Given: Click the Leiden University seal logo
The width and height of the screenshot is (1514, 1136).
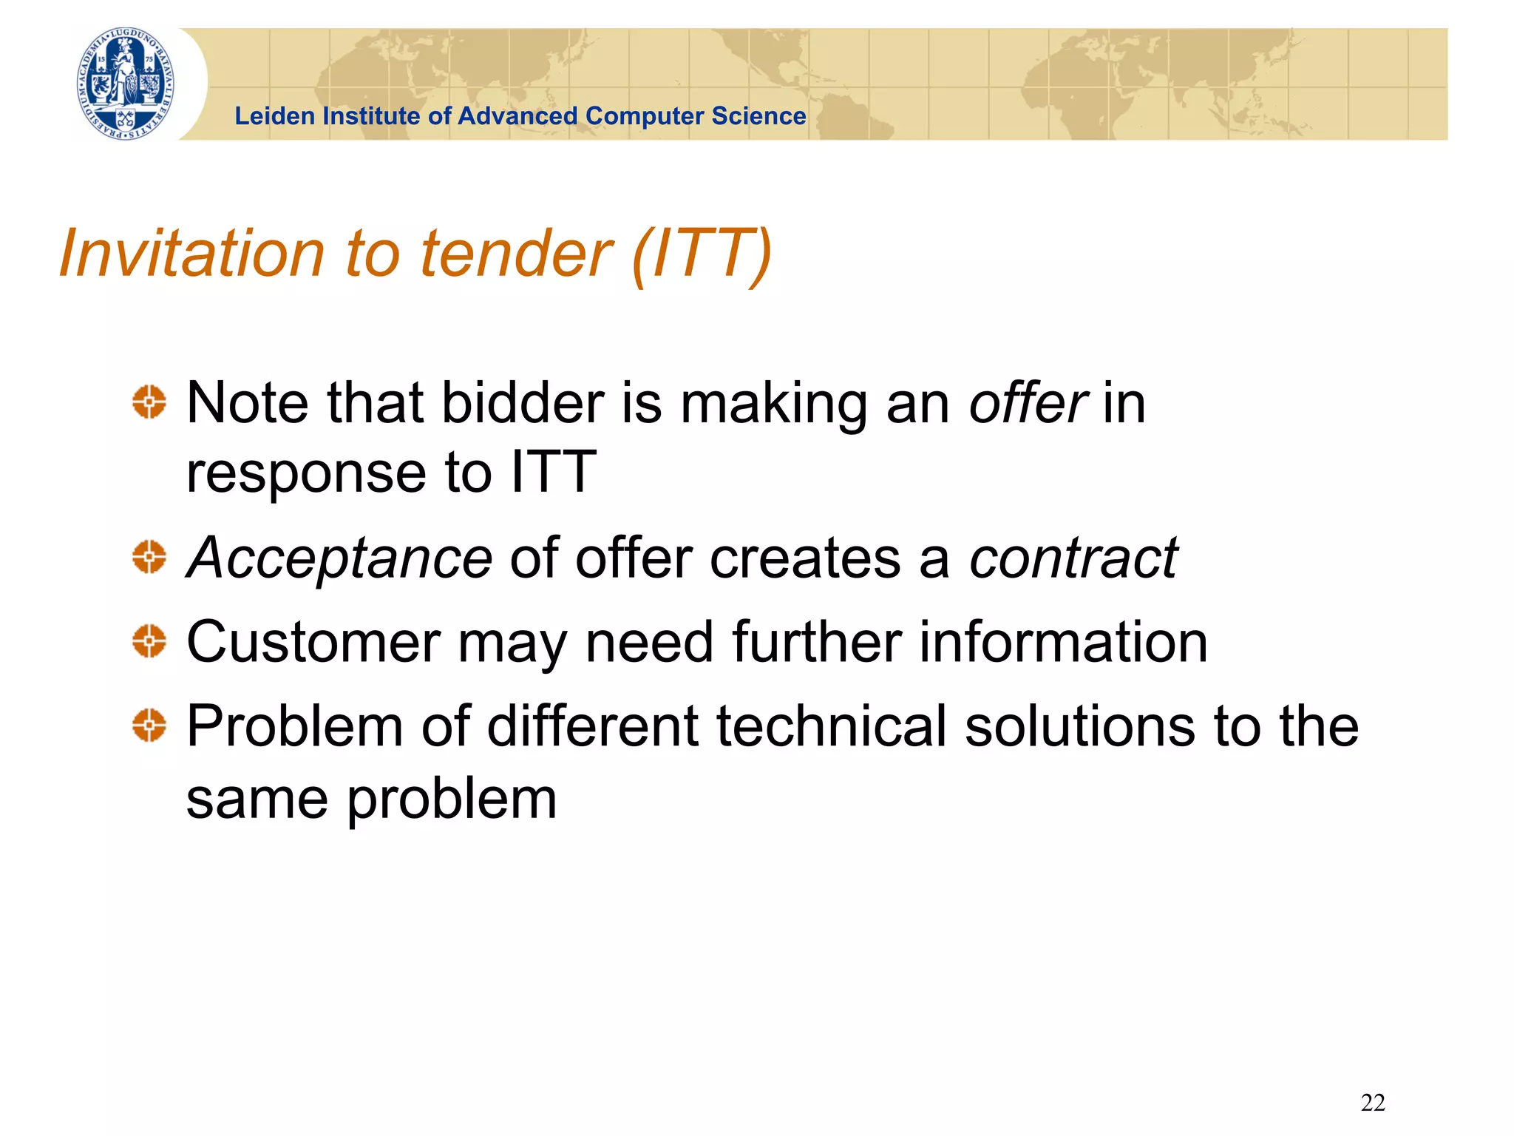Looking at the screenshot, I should (x=126, y=84).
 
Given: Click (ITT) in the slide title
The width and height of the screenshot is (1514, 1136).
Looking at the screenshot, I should (x=702, y=254).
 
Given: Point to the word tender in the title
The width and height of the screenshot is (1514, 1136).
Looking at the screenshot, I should (x=515, y=254).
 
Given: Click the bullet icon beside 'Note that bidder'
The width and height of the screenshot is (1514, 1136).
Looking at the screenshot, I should (x=149, y=402).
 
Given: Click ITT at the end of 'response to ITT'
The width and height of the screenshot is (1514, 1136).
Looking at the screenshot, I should (x=554, y=471).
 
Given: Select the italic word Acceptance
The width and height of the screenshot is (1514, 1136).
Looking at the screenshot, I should (x=339, y=558).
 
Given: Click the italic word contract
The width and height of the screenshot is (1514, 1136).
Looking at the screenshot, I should (x=1073, y=558).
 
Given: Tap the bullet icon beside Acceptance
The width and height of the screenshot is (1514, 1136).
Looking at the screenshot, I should (x=149, y=557).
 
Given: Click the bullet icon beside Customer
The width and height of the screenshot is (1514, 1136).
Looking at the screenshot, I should (x=149, y=640).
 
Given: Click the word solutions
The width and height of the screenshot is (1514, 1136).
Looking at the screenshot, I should (x=1081, y=726).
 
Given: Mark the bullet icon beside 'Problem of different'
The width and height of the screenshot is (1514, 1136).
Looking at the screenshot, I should (x=149, y=725).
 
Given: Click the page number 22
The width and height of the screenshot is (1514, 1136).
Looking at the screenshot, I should (x=1373, y=1103).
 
